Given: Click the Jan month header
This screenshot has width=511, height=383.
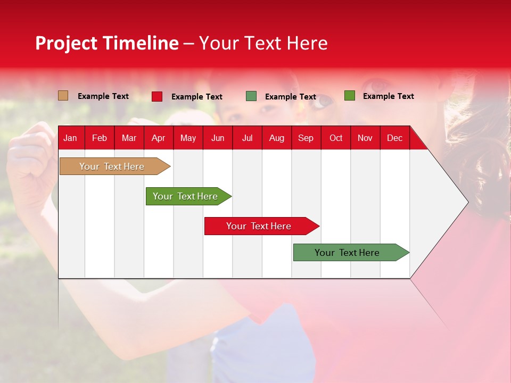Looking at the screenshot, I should point(70,138).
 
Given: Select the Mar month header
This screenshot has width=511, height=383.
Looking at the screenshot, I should point(129,138).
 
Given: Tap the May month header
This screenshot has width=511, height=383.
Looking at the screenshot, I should point(188,138).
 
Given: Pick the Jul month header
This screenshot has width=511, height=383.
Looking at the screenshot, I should point(247,138).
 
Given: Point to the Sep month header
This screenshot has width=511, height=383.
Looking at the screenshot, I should point(306,138).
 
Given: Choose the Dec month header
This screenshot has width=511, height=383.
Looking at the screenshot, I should point(394,138).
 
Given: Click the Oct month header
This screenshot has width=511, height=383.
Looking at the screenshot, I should point(336,138).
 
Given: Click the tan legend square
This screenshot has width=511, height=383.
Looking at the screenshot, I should point(63,96).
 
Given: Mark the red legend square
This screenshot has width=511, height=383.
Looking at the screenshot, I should point(157,96).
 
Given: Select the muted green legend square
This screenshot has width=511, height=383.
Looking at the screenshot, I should point(251,96).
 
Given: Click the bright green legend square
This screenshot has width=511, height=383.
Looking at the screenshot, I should point(349,96).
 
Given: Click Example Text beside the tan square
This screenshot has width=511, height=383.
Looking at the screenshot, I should point(103,96).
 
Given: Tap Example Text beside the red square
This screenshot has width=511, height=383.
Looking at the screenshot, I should point(197,97).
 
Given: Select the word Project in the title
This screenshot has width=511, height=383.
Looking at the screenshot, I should point(67,43).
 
